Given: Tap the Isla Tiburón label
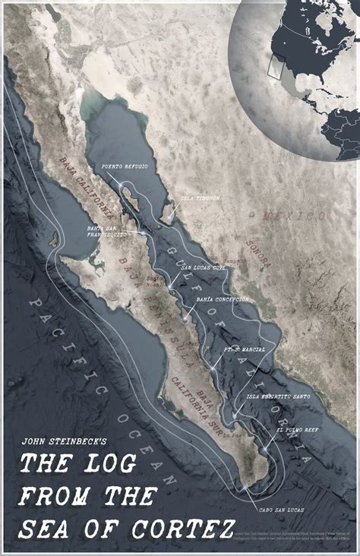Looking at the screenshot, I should point(200,199).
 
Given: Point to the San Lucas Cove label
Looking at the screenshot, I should point(203,267).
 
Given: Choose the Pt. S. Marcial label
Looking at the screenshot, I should point(245,350).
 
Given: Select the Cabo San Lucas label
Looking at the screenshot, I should point(282,510).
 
